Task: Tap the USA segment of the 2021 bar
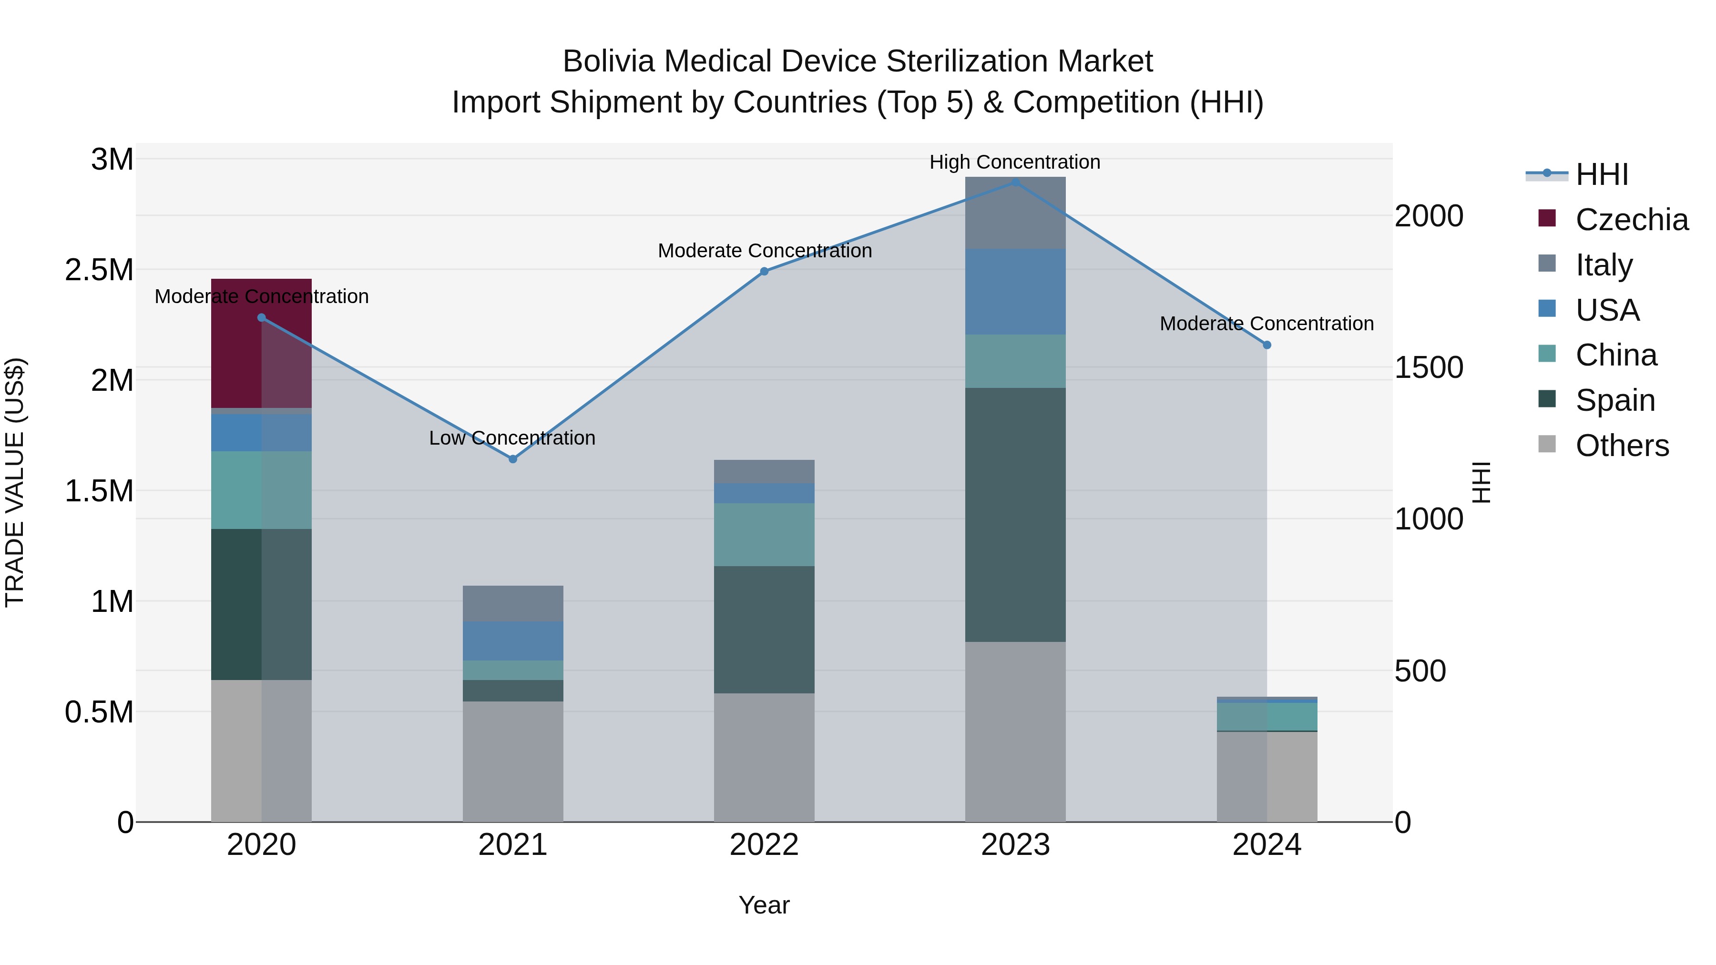click(512, 640)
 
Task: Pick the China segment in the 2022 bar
click(764, 534)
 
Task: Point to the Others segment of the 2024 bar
click(1267, 777)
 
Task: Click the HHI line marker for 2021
click(512, 459)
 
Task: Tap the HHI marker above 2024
click(1267, 345)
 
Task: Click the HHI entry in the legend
click(1602, 174)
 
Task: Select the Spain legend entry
click(1615, 400)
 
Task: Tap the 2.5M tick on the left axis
click(99, 270)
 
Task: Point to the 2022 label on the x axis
click(764, 845)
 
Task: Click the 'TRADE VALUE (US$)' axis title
click(15, 482)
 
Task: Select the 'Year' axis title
click(764, 905)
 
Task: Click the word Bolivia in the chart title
click(608, 61)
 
